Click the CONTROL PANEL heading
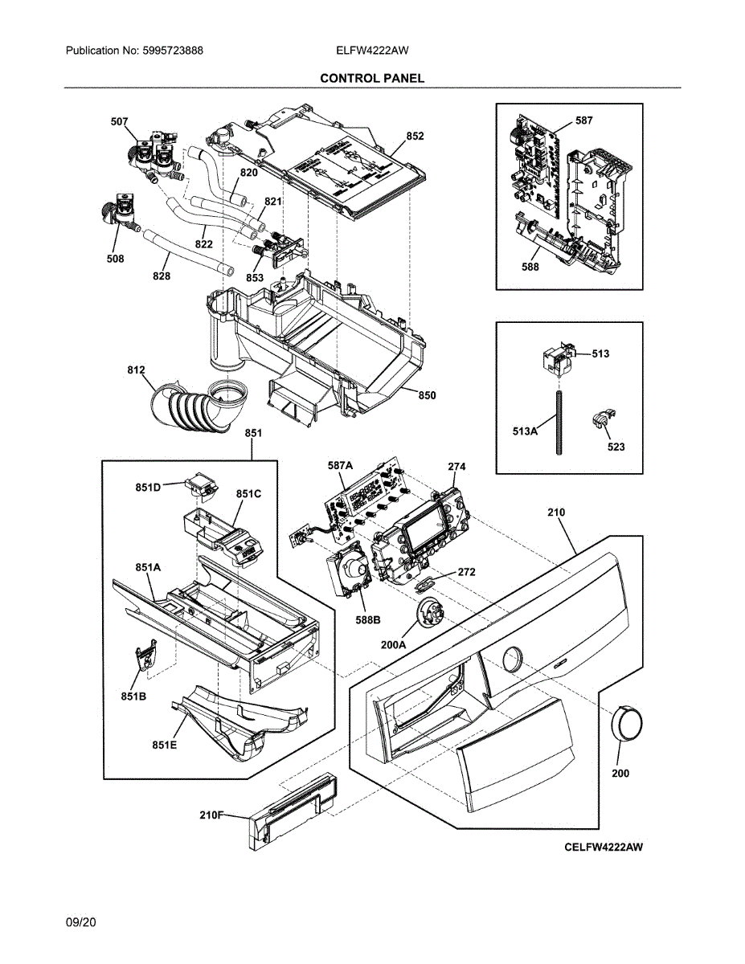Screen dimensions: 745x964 (372, 79)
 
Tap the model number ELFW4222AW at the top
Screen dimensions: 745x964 (372, 51)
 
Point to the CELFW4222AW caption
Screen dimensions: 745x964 (604, 847)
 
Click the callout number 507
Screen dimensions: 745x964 (120, 121)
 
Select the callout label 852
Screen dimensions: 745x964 (415, 137)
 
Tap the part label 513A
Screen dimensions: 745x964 (525, 431)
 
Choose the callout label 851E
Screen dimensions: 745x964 (164, 745)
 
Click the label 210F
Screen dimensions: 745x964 (211, 815)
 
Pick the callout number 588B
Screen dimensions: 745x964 (368, 620)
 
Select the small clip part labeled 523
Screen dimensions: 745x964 (603, 418)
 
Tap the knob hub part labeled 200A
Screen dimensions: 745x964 (428, 613)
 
